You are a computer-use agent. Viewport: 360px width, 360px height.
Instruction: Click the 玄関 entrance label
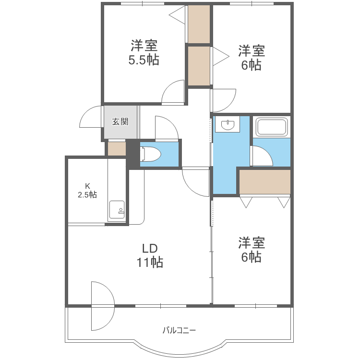point(120,121)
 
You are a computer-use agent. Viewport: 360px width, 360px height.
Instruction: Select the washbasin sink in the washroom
point(227,125)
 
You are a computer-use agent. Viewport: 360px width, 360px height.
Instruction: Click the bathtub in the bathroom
point(272,128)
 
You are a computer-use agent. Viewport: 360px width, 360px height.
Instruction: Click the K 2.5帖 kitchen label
point(87,190)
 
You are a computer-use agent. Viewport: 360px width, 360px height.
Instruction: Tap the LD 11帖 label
point(150,255)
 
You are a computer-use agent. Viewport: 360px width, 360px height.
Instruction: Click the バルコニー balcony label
point(179,330)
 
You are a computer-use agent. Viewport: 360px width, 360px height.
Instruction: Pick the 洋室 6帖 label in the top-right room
point(251,58)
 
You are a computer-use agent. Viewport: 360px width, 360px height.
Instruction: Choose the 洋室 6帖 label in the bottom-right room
point(251,250)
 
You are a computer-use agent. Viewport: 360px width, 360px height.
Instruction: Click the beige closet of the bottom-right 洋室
point(265,181)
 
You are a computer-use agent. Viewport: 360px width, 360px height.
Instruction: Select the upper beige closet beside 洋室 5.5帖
point(199,24)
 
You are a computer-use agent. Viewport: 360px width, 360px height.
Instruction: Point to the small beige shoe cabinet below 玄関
point(116,149)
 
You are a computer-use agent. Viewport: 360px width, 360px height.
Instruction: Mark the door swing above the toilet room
point(166,129)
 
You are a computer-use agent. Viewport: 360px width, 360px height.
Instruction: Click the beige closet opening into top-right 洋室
point(199,65)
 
